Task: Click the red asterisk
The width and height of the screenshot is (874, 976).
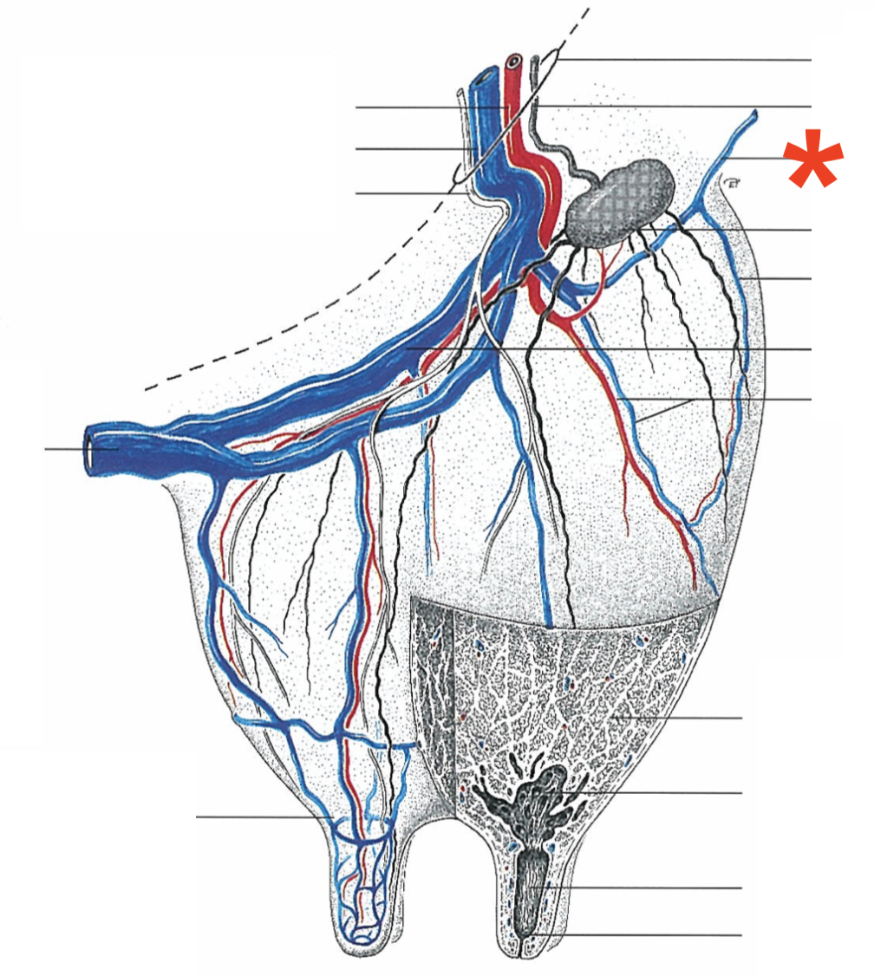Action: [x=812, y=161]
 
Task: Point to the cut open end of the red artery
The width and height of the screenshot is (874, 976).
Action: [x=515, y=62]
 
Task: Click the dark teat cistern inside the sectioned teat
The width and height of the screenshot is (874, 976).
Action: [x=529, y=888]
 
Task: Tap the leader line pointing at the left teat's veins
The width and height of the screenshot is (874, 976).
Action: [x=260, y=817]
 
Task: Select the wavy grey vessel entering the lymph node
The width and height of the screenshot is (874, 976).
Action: [x=556, y=155]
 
